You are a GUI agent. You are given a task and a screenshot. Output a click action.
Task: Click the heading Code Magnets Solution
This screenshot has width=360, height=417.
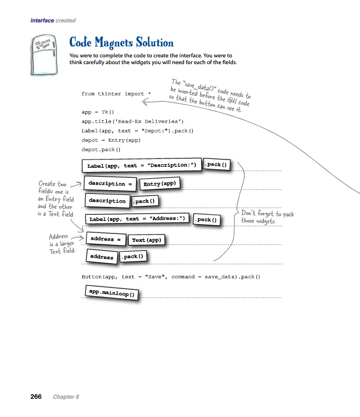pos(121,43)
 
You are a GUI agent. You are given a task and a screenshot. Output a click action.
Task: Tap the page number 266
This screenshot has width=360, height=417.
pos(36,397)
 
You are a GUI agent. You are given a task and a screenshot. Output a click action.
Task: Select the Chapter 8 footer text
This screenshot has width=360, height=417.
pos(66,397)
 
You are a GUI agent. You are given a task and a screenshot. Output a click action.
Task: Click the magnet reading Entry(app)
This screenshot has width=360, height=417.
pos(160,183)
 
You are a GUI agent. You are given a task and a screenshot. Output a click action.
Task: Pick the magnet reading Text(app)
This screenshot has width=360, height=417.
pos(147,240)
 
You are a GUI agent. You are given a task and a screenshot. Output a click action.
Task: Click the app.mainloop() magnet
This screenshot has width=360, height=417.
pos(111,293)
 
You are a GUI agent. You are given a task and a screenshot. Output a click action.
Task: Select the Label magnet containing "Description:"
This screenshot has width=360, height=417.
pos(142,166)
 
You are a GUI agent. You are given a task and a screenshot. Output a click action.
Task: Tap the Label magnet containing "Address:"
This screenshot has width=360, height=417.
pos(137,219)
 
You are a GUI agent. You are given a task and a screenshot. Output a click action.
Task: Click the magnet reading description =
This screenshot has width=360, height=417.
pos(107,184)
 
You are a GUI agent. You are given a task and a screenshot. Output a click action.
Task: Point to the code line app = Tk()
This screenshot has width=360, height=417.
pos(97,112)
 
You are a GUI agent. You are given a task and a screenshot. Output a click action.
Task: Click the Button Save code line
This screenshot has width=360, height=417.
pos(170,277)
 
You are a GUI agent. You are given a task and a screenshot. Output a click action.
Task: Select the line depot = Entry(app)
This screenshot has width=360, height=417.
pos(111,140)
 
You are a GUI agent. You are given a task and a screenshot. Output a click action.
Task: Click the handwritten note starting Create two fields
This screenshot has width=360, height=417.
pos(56,199)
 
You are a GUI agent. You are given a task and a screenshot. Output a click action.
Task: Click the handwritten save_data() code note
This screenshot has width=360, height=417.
pos(210,94)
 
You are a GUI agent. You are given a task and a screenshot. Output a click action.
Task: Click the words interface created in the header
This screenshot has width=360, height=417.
pos(53,21)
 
